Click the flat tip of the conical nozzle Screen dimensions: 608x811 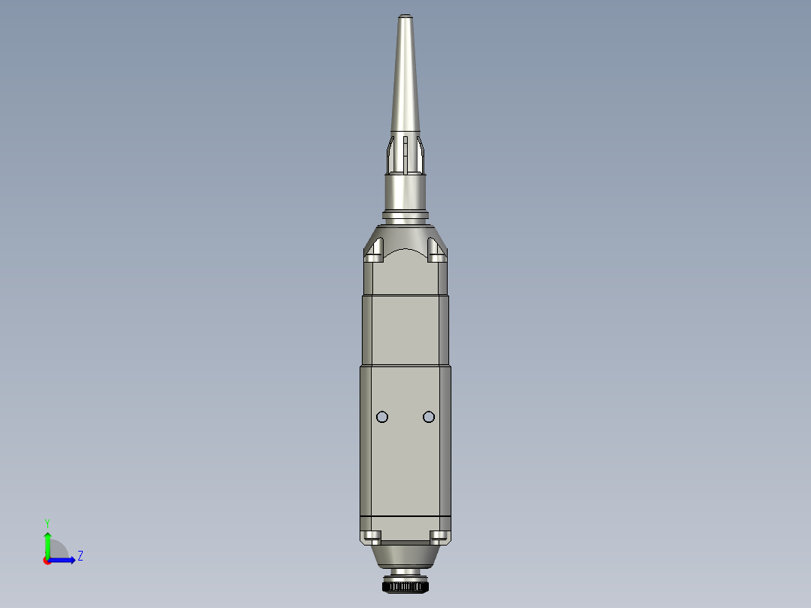405,15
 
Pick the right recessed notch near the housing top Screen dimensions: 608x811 436,249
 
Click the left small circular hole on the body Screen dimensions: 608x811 382,417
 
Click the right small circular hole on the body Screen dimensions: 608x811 429,417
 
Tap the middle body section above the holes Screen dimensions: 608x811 405,331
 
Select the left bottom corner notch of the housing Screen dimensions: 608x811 372,537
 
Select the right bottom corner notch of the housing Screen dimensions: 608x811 438,537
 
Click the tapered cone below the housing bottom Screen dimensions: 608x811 405,558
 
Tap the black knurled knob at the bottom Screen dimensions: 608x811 405,585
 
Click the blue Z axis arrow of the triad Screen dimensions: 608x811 65,560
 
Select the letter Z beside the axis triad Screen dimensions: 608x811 80,556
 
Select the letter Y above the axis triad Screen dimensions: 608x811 47,523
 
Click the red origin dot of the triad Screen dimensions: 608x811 47,561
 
